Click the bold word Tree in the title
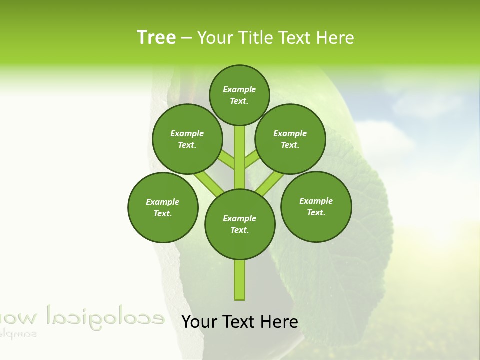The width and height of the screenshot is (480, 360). [x=156, y=37]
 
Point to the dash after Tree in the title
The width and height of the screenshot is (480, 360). [x=186, y=38]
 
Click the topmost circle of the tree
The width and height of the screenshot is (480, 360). [x=239, y=95]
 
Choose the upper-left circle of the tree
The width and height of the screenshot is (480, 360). [x=187, y=139]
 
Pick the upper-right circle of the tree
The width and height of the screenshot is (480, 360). [x=290, y=139]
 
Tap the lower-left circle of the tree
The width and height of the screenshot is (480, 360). [x=163, y=207]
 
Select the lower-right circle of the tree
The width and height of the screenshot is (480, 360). [x=316, y=206]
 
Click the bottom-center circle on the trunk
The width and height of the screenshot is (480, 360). [x=240, y=224]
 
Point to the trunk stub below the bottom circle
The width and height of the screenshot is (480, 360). [x=240, y=280]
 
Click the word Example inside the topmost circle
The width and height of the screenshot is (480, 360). [x=239, y=89]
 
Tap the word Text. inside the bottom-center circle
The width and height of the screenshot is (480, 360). [x=240, y=230]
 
